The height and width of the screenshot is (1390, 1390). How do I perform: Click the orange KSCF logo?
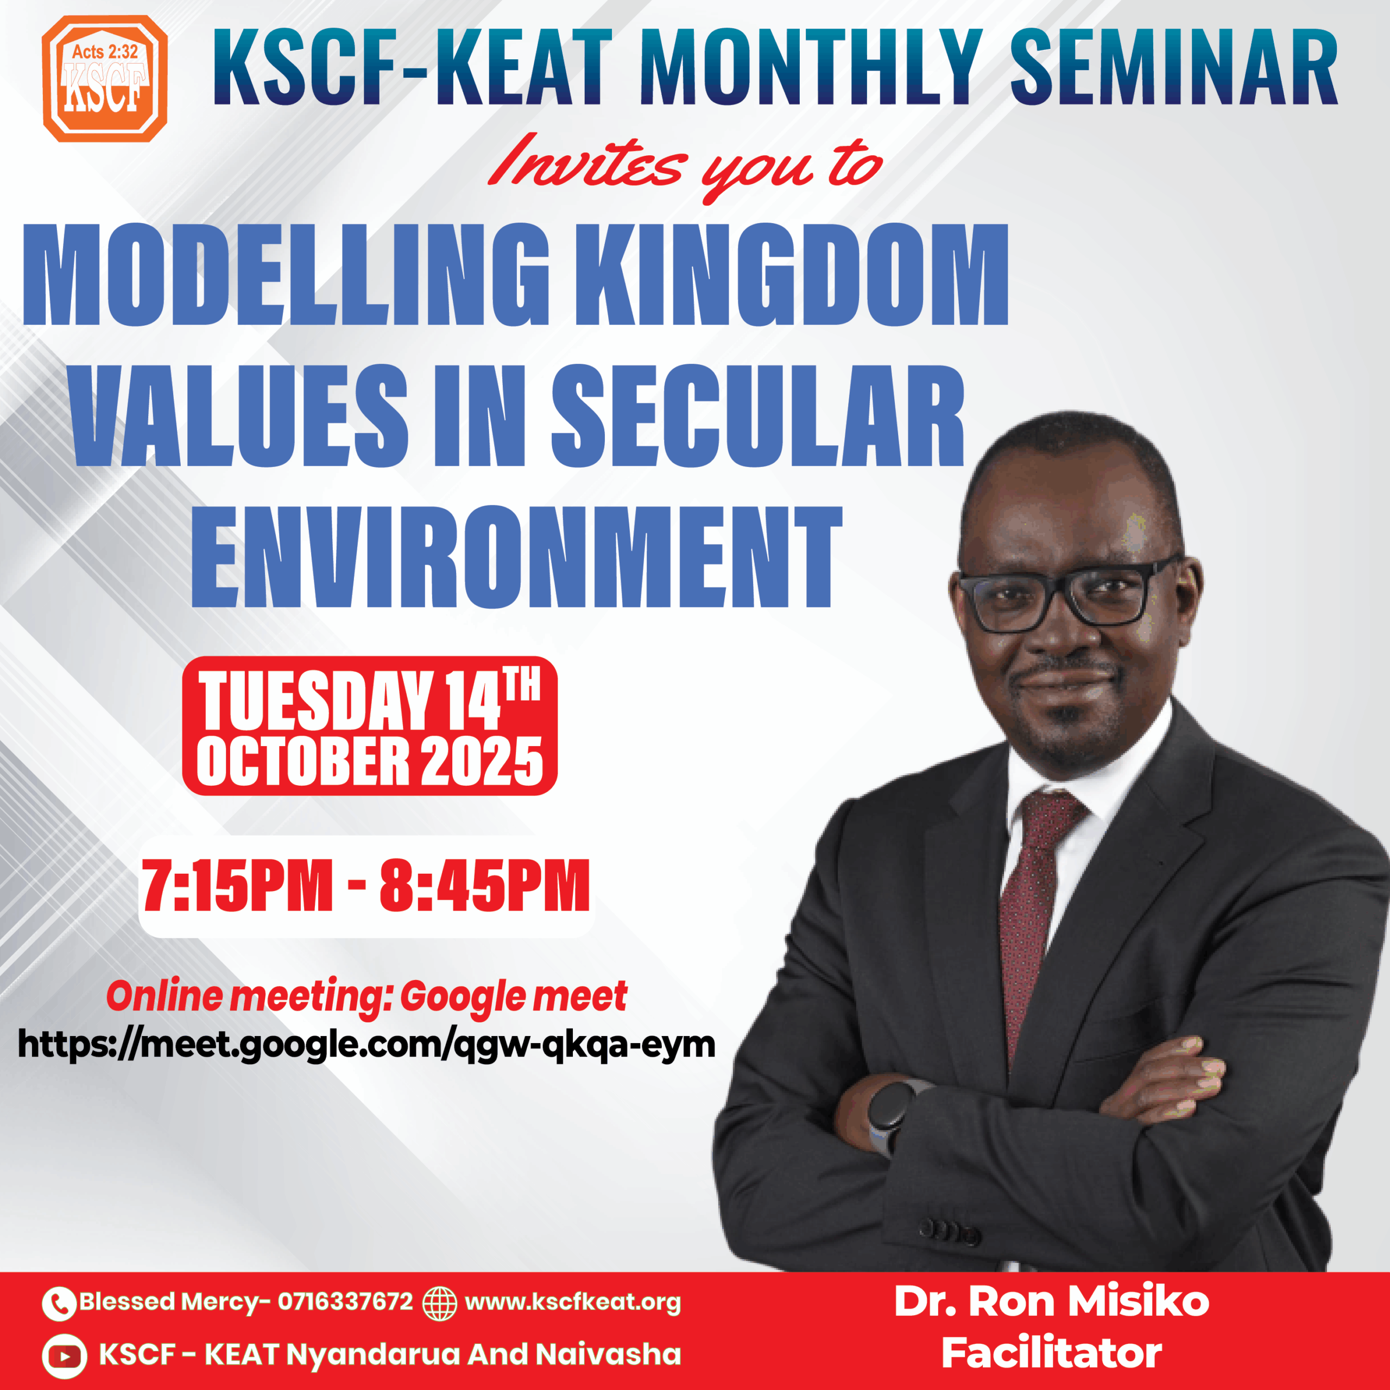pyautogui.click(x=105, y=78)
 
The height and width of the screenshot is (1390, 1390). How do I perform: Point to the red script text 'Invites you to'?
pyautogui.click(x=684, y=168)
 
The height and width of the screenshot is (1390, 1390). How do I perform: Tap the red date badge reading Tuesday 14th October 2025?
pyautogui.click(x=370, y=726)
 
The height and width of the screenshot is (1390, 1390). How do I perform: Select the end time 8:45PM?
pyautogui.click(x=485, y=886)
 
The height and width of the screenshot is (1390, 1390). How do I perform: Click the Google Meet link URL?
pyautogui.click(x=366, y=1045)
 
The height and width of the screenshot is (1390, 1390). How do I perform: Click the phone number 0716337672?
pyautogui.click(x=345, y=1301)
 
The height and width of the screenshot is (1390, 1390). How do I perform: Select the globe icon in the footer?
pyautogui.click(x=440, y=1303)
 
